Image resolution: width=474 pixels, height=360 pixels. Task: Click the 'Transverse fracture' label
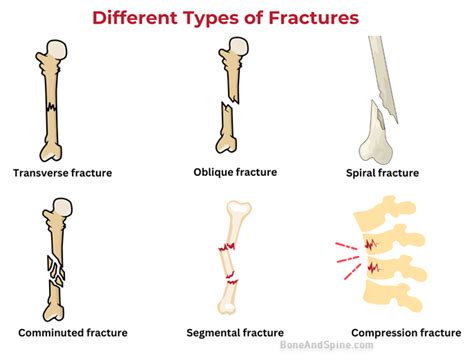click(x=62, y=173)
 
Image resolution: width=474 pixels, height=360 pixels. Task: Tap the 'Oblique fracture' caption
click(x=234, y=172)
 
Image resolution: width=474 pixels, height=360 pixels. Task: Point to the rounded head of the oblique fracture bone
click(x=238, y=48)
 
